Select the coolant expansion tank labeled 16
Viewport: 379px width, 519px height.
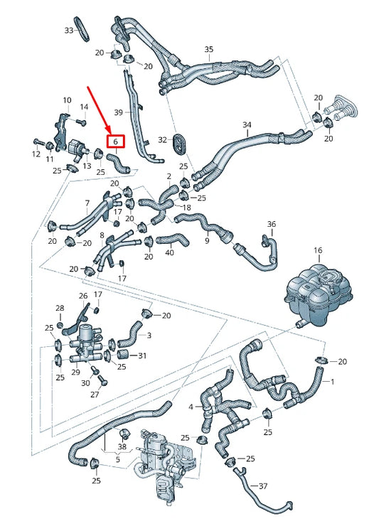click(319, 292)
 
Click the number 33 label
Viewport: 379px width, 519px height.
click(69, 31)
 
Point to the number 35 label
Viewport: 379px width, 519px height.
click(208, 49)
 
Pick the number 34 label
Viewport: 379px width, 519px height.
click(247, 124)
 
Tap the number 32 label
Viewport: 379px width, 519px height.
click(163, 139)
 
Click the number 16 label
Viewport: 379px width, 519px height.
click(318, 250)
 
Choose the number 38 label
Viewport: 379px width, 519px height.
click(122, 447)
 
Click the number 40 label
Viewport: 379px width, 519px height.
click(169, 252)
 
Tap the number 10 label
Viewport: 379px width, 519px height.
click(67, 100)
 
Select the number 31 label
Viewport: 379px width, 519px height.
click(142, 355)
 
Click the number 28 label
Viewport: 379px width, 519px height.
click(60, 308)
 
